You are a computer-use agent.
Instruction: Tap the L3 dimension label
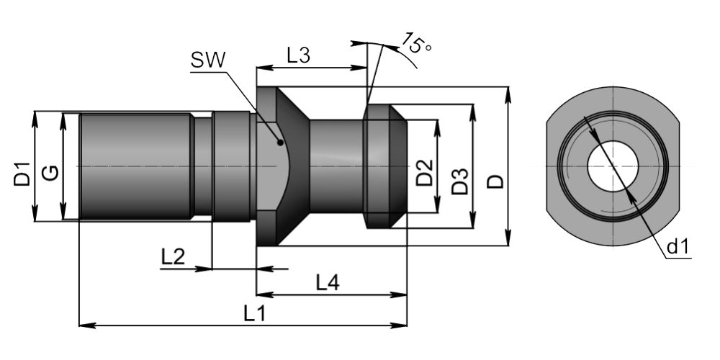pyautogui.click(x=298, y=55)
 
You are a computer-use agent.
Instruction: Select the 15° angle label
pyautogui.click(x=416, y=44)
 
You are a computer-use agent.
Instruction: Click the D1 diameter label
pyautogui.click(x=22, y=174)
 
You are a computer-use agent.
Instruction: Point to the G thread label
pyautogui.click(x=50, y=174)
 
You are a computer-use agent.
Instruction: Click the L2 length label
pyautogui.click(x=174, y=256)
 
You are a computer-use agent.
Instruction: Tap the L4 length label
pyautogui.click(x=328, y=283)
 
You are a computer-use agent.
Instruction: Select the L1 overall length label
pyautogui.click(x=254, y=314)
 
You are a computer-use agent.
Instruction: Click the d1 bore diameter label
pyautogui.click(x=678, y=248)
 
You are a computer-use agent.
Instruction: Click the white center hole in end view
pyautogui.click(x=611, y=166)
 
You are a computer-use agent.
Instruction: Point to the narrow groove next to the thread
pyautogui.click(x=204, y=167)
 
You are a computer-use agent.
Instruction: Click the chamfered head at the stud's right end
pyautogui.click(x=386, y=167)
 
